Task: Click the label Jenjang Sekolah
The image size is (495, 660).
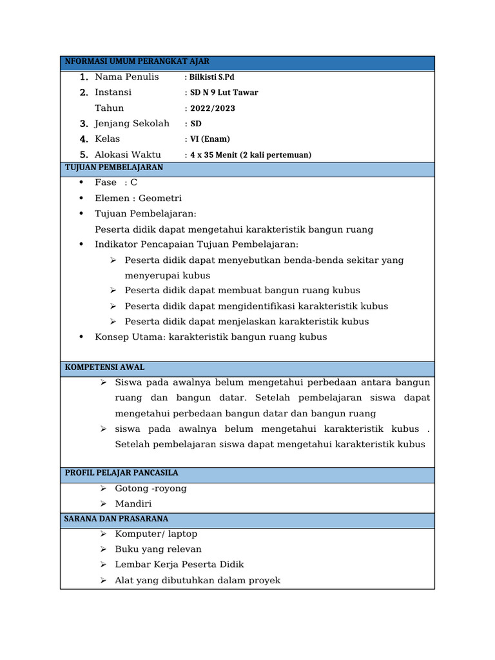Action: [132, 123]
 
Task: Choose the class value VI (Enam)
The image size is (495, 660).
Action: [209, 139]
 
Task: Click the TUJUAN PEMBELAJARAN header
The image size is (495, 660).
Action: [114, 168]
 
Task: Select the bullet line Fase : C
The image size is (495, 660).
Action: [116, 182]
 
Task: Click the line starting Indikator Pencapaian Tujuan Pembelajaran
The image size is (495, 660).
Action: [197, 244]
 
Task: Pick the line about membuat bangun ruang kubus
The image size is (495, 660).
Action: [242, 291]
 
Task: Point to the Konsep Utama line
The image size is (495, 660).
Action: [211, 337]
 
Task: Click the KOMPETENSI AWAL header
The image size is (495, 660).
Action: [105, 367]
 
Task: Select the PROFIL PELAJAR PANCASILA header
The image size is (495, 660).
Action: [122, 473]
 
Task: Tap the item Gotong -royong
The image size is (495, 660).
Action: [151, 489]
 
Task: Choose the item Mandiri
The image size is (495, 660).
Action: [133, 504]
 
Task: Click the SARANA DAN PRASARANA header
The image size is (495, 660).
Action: [117, 519]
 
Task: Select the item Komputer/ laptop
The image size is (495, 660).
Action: [156, 534]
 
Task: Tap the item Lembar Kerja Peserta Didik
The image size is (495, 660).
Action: [179, 565]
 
